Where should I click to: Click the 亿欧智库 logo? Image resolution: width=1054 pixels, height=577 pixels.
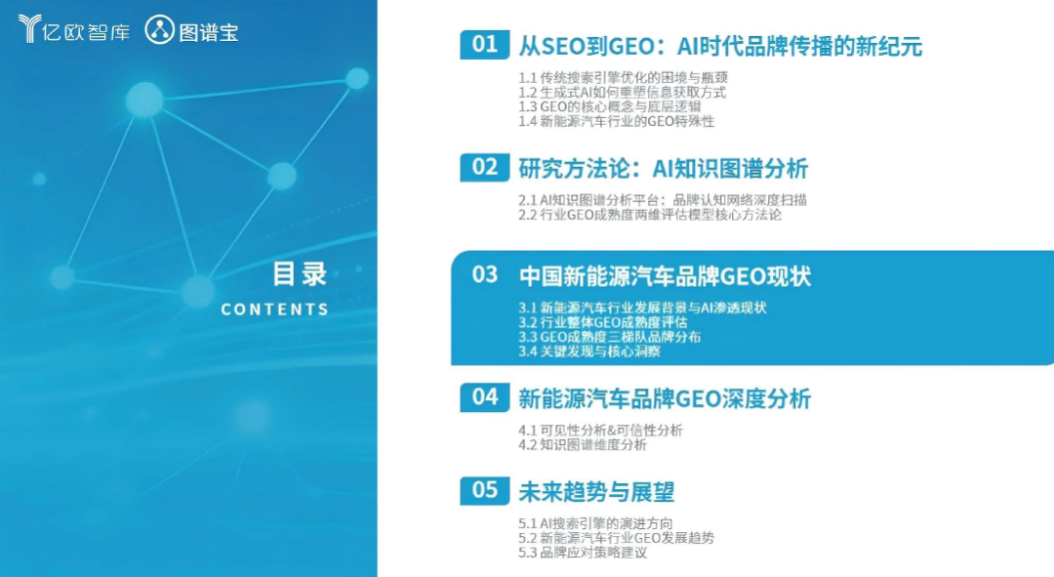74,29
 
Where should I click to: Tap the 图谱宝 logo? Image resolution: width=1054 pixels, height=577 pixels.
191,30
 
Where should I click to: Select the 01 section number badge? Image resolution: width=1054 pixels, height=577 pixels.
485,45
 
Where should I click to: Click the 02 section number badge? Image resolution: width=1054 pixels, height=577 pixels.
485,168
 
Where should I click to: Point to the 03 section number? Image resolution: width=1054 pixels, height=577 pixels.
485,275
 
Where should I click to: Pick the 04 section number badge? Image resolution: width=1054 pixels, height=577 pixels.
485,397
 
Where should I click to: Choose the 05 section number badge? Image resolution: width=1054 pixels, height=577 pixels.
485,491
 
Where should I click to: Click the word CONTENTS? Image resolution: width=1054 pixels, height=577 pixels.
275,309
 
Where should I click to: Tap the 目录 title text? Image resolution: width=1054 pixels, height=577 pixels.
300,274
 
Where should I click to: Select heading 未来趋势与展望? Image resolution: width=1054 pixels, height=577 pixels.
596,492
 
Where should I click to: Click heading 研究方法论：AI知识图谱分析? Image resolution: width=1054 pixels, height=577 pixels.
663,169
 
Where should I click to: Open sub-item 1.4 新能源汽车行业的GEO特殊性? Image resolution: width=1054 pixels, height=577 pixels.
617,122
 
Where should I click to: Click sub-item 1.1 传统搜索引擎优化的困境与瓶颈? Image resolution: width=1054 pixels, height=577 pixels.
623,78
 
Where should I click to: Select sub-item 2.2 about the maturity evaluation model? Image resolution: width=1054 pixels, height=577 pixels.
650,215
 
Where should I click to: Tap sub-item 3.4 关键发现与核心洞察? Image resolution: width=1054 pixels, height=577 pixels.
589,351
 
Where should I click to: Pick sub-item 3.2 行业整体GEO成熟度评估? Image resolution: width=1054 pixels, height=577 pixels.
603,323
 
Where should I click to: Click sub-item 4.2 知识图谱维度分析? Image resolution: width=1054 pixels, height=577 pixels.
583,445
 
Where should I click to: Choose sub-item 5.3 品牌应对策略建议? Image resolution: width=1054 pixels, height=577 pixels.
583,553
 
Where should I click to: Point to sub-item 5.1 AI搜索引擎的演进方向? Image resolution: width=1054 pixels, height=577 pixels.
595,523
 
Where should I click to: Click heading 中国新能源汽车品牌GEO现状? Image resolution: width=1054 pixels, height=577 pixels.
665,276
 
